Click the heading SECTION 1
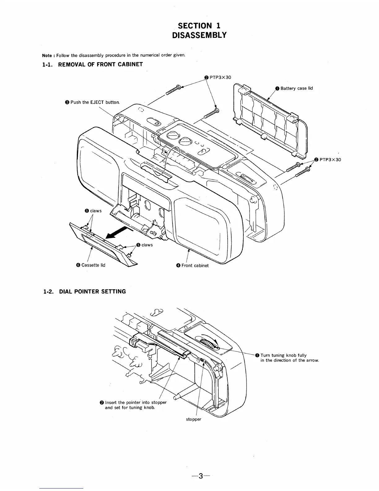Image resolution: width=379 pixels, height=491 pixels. coord(199,25)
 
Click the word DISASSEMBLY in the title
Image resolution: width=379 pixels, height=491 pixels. coord(199,35)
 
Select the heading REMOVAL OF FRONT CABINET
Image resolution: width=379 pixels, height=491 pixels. coord(92,64)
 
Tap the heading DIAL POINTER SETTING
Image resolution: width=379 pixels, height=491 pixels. coord(84,291)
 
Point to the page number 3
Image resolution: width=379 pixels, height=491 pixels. coord(201,476)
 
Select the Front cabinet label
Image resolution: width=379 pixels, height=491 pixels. coord(195,265)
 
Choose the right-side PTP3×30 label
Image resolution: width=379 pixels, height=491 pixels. coord(330,160)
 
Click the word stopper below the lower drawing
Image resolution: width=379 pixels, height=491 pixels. coord(194,419)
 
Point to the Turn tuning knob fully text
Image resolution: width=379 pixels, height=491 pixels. coord(283,355)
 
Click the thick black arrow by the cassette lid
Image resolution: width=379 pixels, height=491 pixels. coord(118,232)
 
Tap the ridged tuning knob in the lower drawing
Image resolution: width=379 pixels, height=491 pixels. coord(209,344)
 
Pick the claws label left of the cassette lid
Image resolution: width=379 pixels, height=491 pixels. coord(95,211)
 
